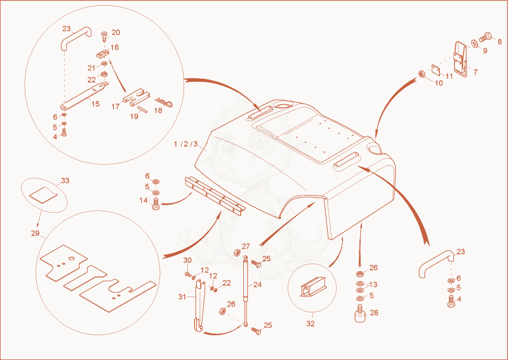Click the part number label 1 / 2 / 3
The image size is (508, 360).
tap(185, 144)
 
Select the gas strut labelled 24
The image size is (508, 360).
tap(246, 291)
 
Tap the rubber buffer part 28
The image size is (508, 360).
tap(361, 314)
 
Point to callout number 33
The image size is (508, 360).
tap(65, 180)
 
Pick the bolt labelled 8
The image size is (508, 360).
tap(485, 37)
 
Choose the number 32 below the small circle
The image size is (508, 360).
tap(311, 324)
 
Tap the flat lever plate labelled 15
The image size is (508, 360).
tap(84, 96)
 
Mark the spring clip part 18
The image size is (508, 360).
tap(164, 102)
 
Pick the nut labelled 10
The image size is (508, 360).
tap(422, 74)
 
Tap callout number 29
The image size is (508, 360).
tap(36, 233)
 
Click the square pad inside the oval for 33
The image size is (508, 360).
tap(43, 194)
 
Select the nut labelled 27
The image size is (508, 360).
tap(237, 252)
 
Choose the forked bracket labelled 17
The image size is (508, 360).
tap(137, 97)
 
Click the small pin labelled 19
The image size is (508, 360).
tap(142, 109)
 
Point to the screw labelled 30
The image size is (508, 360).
tap(187, 274)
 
